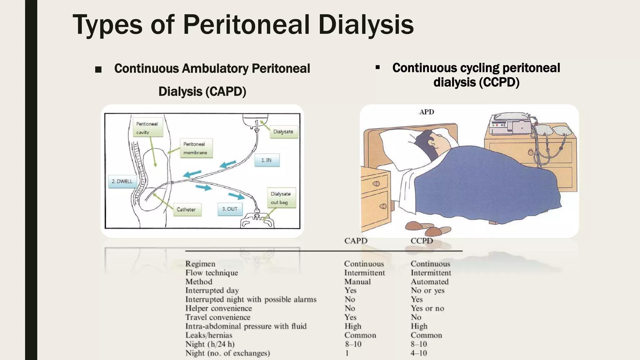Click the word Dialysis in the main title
366,25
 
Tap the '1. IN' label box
267,160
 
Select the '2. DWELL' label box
122,182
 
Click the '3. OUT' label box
230,209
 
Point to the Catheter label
186,210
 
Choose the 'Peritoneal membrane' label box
196,148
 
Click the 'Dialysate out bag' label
281,198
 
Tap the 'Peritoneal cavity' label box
147,128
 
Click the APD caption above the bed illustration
427,112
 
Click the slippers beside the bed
428,228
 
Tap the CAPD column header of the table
356,241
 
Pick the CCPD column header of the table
422,241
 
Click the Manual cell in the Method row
357,282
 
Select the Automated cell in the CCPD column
429,282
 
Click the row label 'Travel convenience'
218,317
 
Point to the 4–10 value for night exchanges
418,353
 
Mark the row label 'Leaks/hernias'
209,335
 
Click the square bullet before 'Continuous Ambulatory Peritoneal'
98,69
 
